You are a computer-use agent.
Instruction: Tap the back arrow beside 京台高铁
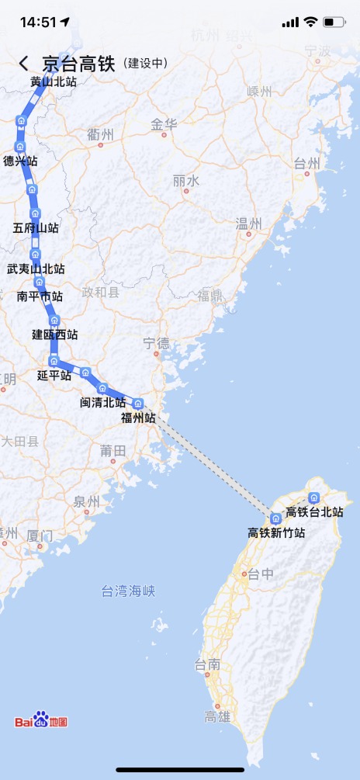pos(24,64)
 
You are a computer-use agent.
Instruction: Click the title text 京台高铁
pos(78,64)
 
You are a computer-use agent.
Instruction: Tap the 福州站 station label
pos(138,418)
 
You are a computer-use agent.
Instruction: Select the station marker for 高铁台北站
pos(314,497)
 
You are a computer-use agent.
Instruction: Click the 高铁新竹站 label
pos(276,533)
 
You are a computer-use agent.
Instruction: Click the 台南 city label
pos(207,664)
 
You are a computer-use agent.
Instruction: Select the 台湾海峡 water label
pos(128,591)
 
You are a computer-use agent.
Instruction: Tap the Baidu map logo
pos(41,721)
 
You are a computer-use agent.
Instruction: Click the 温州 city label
pos(248,224)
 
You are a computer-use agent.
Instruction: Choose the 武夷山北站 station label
pos(36,269)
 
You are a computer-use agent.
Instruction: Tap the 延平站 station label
pos(54,375)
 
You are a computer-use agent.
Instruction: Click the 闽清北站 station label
pos(103,402)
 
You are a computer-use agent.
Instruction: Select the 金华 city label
pos(164,124)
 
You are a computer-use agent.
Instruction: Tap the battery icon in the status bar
pos(334,22)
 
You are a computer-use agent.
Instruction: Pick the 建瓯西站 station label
pos(54,335)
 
